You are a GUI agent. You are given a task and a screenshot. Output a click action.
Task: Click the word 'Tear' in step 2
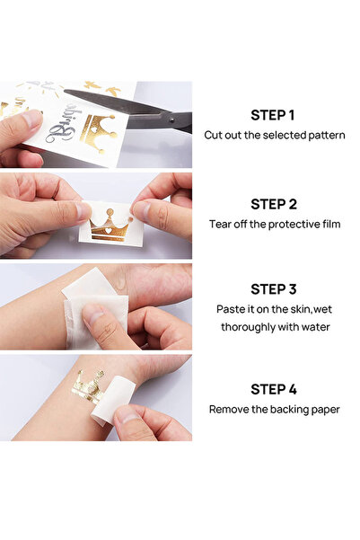click(x=221, y=224)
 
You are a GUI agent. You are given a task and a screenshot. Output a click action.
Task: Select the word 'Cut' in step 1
click(x=214, y=135)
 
